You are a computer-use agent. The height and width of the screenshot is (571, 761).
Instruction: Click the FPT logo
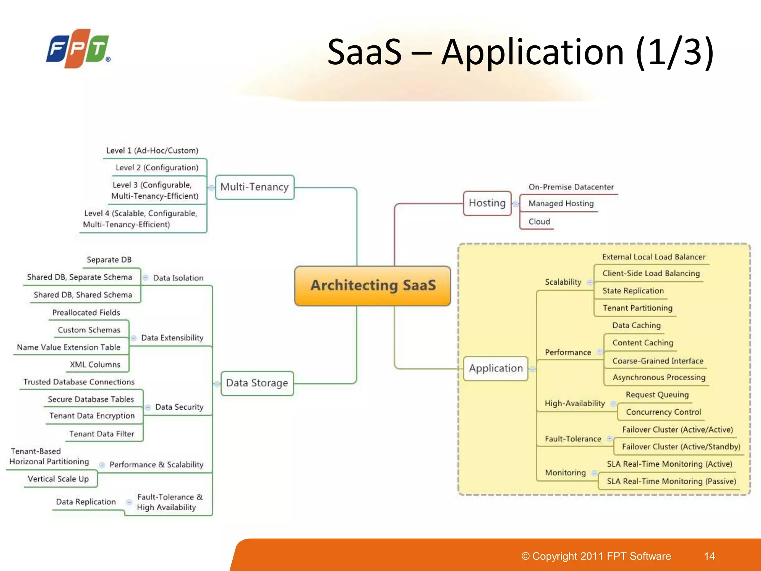tap(78, 49)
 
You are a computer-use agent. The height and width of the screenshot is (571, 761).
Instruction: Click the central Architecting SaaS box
tap(373, 285)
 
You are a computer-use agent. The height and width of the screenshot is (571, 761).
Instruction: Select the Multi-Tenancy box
tap(255, 187)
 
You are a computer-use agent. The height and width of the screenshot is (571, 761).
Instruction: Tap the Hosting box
tap(487, 203)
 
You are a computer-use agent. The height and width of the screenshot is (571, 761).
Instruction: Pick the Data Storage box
tap(257, 383)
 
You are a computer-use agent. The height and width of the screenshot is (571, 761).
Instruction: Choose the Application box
tap(496, 368)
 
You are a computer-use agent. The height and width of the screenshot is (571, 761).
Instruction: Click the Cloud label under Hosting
tap(539, 222)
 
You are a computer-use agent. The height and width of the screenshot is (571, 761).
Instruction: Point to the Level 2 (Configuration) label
tap(157, 168)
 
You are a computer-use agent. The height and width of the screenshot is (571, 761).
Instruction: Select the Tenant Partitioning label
tap(637, 308)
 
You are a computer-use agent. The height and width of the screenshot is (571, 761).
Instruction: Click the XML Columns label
tap(95, 365)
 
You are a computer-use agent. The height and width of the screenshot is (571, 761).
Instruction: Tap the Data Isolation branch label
tap(178, 278)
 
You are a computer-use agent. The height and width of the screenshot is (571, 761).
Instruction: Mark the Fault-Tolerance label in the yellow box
tap(573, 439)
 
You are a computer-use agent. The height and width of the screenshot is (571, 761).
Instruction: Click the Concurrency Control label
tap(663, 412)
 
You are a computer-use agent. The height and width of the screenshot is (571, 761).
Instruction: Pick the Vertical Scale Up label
tap(58, 479)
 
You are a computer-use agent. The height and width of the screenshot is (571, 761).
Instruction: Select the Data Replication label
tap(86, 502)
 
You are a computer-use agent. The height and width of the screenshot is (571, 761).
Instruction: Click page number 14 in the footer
tap(709, 556)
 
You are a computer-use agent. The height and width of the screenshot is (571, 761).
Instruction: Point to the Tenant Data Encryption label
tap(92, 416)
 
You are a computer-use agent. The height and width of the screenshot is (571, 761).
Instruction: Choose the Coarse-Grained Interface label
tap(658, 361)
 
